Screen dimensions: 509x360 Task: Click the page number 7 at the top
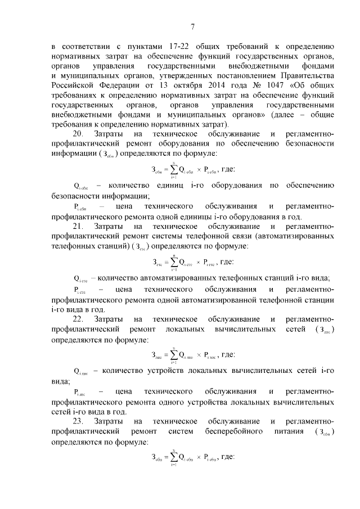(x=192, y=26)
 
